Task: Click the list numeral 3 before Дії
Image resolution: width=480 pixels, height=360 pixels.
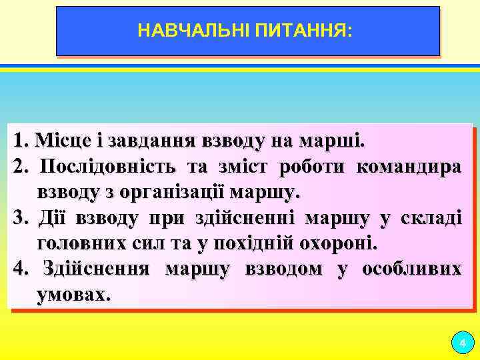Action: pos(19,218)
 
